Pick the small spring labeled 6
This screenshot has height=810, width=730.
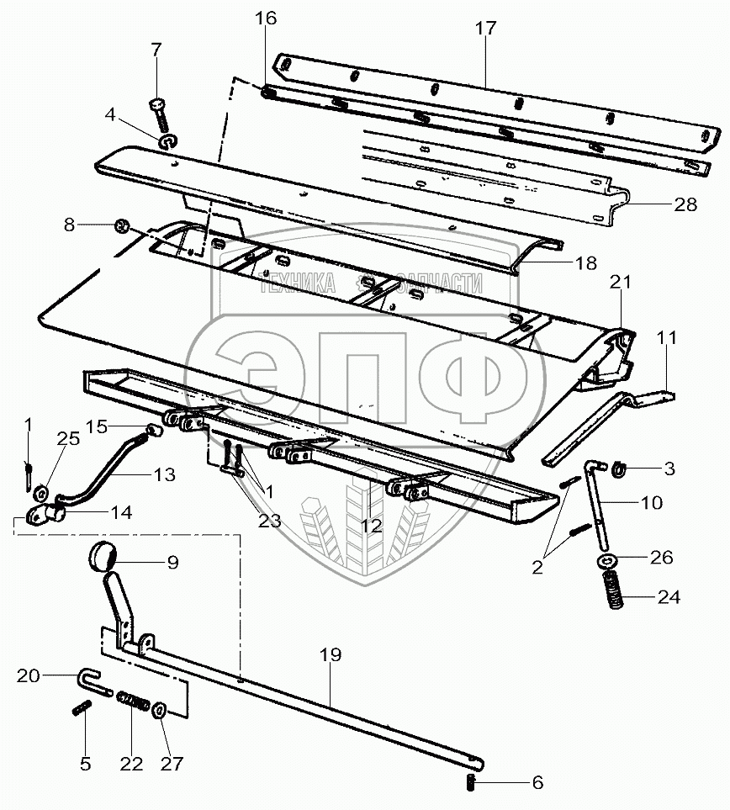point(470,783)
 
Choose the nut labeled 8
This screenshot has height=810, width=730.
point(121,225)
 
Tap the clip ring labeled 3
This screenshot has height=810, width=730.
point(616,467)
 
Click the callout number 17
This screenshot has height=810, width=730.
point(485,29)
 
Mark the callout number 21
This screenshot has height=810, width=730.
point(620,284)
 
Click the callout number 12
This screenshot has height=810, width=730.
point(370,527)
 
